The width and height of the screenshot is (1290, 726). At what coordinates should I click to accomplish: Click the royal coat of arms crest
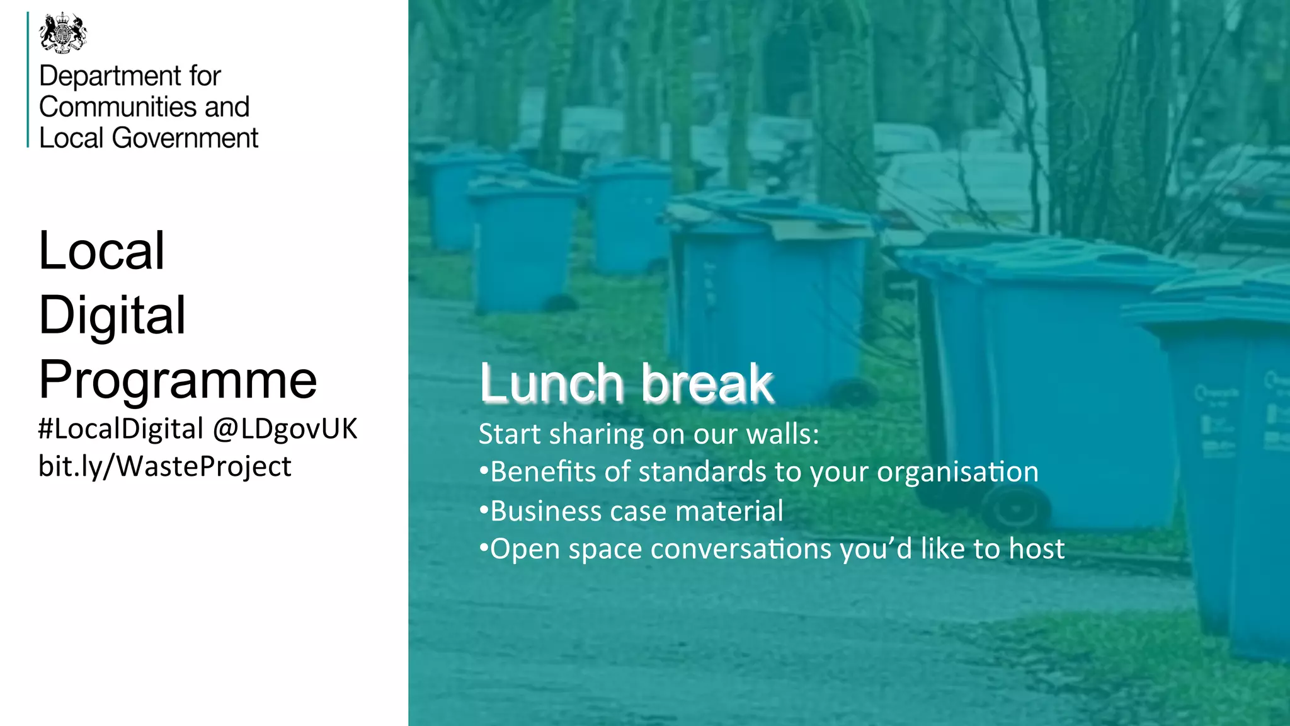click(63, 32)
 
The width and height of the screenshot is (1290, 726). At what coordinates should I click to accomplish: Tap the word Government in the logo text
click(185, 138)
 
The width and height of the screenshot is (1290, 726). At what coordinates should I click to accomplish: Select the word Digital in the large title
click(112, 315)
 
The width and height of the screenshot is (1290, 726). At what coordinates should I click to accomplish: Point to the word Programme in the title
click(178, 380)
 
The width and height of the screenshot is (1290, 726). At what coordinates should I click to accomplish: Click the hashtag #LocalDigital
click(120, 429)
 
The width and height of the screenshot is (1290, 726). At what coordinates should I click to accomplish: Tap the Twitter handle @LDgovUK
click(285, 429)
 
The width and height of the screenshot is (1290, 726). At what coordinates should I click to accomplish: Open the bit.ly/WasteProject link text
click(164, 466)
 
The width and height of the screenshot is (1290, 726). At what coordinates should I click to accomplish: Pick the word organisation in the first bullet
click(957, 472)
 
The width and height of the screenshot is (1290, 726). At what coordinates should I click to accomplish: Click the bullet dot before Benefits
click(484, 471)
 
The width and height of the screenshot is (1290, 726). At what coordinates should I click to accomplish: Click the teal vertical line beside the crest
click(28, 79)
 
